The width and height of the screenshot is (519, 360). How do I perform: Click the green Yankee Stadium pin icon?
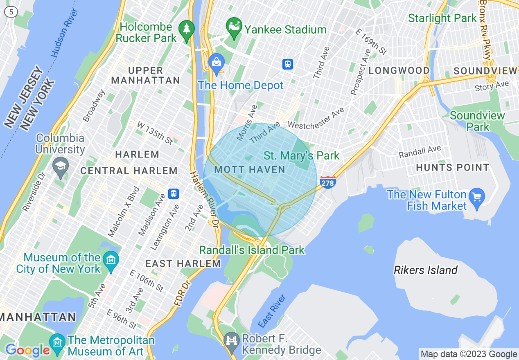click(x=234, y=26)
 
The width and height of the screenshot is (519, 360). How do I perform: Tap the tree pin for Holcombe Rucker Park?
click(x=187, y=29)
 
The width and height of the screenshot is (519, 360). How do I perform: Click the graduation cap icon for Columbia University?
click(x=61, y=167)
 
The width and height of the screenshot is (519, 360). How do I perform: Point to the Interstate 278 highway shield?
click(x=328, y=182)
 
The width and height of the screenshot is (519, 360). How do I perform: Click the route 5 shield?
click(x=11, y=12)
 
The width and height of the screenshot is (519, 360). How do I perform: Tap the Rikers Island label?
click(x=425, y=270)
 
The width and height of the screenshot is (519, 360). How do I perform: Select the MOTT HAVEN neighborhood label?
click(x=250, y=169)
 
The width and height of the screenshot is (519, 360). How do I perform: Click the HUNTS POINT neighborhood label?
click(x=452, y=167)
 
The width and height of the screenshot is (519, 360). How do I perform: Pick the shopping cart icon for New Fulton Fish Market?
click(x=477, y=197)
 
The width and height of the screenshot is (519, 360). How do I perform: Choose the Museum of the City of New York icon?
click(x=111, y=259)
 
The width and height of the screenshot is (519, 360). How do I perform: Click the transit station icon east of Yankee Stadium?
click(x=288, y=64)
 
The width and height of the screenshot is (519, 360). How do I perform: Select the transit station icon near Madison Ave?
click(x=174, y=193)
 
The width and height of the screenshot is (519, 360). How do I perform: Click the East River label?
click(x=272, y=310)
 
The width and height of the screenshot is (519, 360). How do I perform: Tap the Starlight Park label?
click(x=442, y=18)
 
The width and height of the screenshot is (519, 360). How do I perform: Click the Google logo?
click(x=27, y=350)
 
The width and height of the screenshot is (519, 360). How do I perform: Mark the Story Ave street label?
click(x=492, y=86)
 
